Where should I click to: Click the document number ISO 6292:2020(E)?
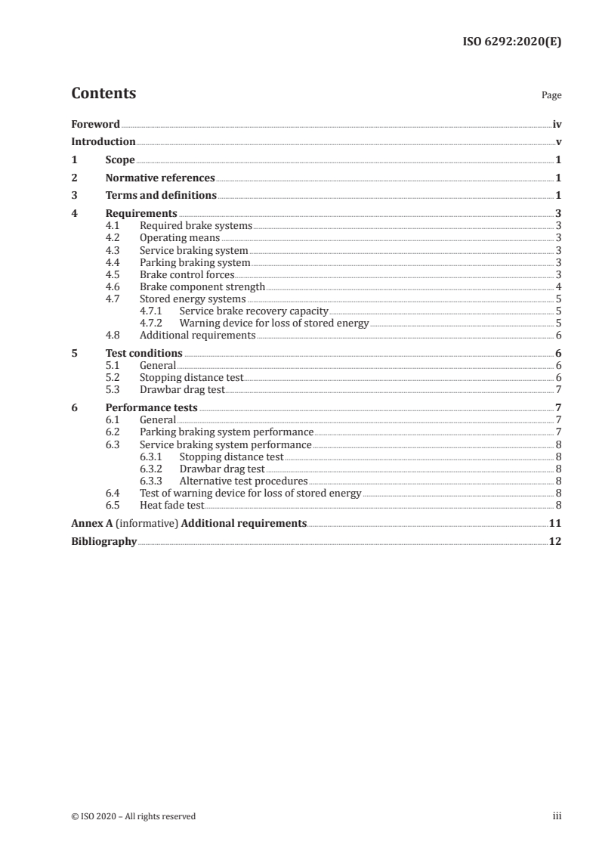pyautogui.click(x=511, y=42)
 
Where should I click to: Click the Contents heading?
pyautogui.click(x=103, y=94)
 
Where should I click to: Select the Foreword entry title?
pyautogui.click(x=95, y=124)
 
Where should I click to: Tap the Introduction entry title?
pyautogui.click(x=103, y=142)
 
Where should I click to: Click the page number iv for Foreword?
pyautogui.click(x=557, y=124)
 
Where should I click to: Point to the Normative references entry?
pyautogui.click(x=160, y=178)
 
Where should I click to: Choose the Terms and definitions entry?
pyautogui.click(x=161, y=196)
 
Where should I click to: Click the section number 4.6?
pyautogui.click(x=113, y=286)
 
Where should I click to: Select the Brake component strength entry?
pyautogui.click(x=202, y=286)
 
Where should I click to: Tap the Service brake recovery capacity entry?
pyautogui.click(x=253, y=311)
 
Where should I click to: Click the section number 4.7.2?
pyautogui.click(x=153, y=323)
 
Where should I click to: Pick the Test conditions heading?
pyautogui.click(x=144, y=353)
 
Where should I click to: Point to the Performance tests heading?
pyautogui.click(x=151, y=407)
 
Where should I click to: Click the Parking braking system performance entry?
pyautogui.click(x=226, y=432)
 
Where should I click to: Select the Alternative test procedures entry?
pyautogui.click(x=243, y=481)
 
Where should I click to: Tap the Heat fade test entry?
pyautogui.click(x=171, y=505)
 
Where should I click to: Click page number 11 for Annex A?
pyautogui.click(x=555, y=523)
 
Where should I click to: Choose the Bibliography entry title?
pyautogui.click(x=103, y=541)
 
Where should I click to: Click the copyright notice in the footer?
pyautogui.click(x=133, y=816)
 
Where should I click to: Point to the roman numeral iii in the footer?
pyautogui.click(x=557, y=816)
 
